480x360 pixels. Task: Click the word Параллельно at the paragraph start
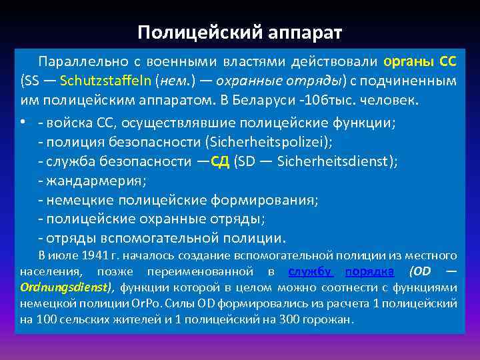(75, 62)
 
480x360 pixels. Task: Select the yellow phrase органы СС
(420, 62)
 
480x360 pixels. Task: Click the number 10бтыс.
(323, 101)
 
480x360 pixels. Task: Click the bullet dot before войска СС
(23, 122)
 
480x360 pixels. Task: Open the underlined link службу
(311, 271)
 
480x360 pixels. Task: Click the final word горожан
(327, 319)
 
